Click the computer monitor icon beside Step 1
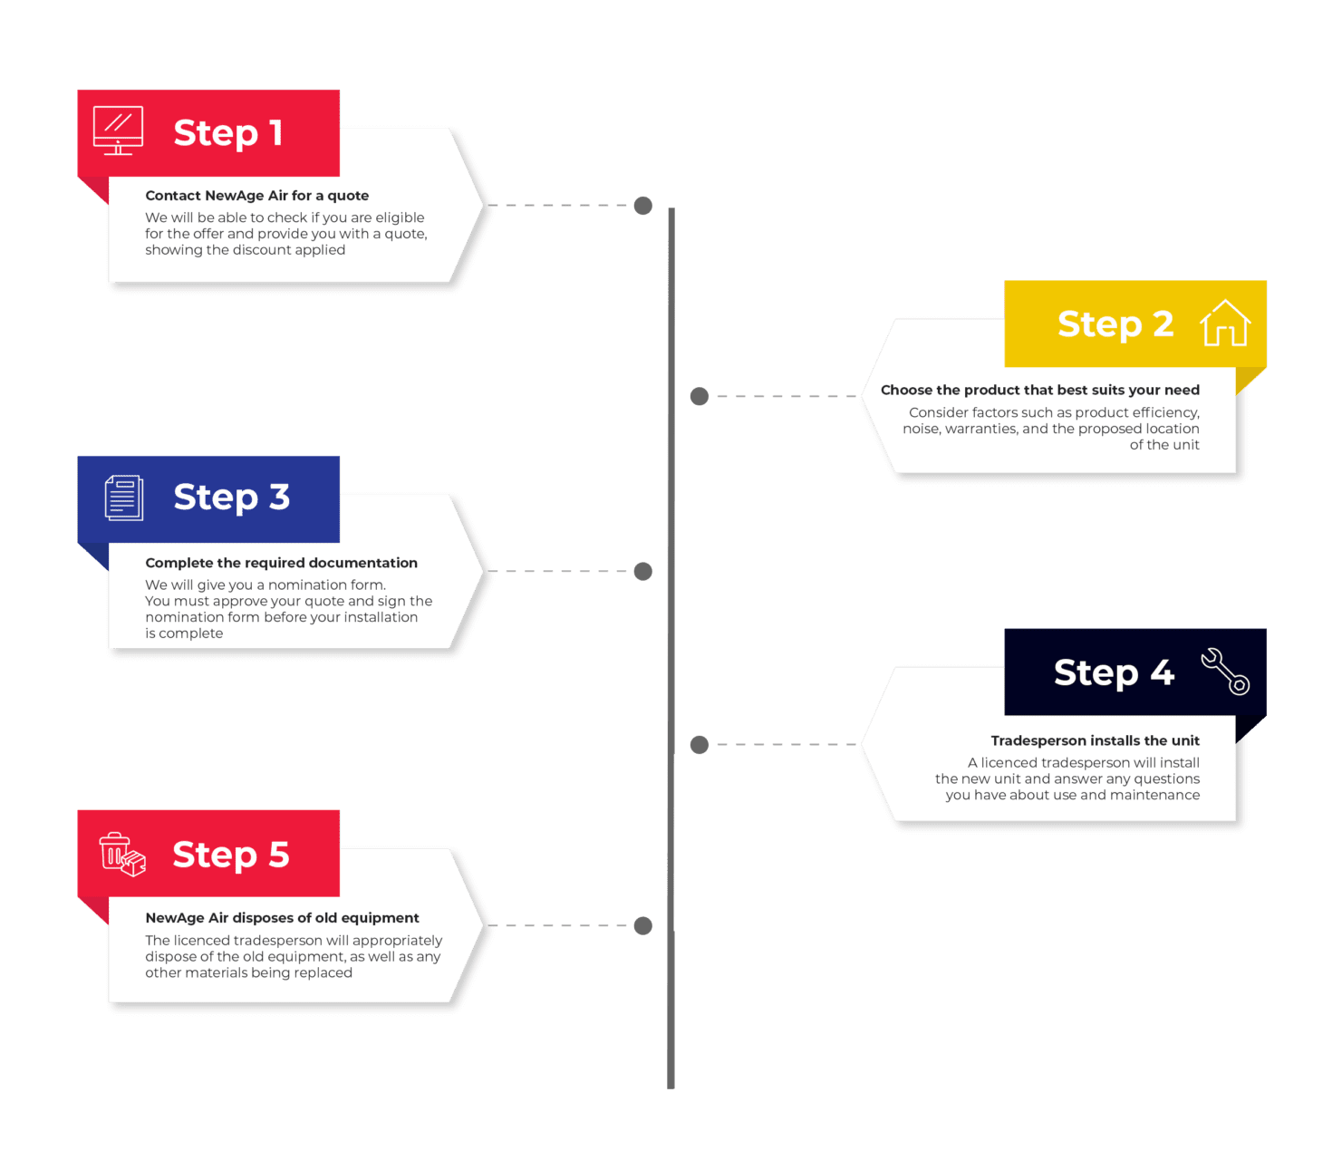118,130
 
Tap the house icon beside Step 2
1224,323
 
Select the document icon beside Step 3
124,498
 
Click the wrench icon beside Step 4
1225,671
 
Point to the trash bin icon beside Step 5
122,854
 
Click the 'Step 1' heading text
227,134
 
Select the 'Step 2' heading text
1115,324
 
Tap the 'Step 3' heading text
231,498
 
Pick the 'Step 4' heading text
1115,672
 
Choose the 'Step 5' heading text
231,855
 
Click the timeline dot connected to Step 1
642,205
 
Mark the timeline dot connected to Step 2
700,396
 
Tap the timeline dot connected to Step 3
642,571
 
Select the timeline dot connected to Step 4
700,744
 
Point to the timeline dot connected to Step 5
642,925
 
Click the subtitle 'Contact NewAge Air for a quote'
257,196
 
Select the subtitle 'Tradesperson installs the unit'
1095,740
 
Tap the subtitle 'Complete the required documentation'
281,563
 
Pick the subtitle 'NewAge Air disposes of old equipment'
283,918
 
